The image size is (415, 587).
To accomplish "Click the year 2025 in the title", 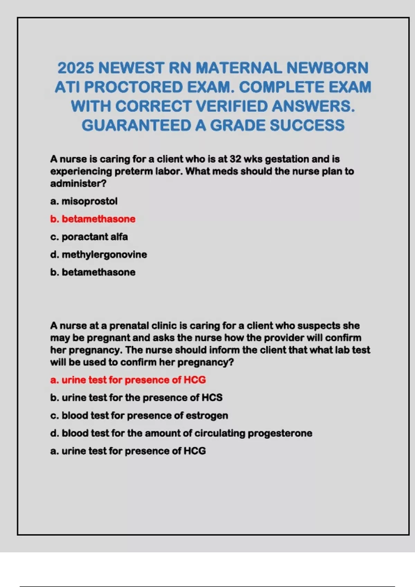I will tap(75, 68).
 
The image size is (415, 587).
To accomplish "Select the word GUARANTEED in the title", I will tap(136, 125).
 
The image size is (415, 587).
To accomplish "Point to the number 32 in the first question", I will tap(235, 159).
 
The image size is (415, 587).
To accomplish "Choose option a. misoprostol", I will tap(84, 201).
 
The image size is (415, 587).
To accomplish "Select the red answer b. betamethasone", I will tap(93, 219).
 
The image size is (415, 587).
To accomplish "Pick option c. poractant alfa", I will tap(89, 237).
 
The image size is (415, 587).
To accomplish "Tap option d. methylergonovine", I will tap(99, 254).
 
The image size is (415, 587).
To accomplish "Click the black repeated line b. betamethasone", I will tap(93, 272).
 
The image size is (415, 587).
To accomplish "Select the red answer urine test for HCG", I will tap(128, 380).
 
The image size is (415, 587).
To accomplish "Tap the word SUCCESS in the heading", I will tap(307, 125).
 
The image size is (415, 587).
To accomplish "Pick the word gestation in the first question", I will tap(287, 159).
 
